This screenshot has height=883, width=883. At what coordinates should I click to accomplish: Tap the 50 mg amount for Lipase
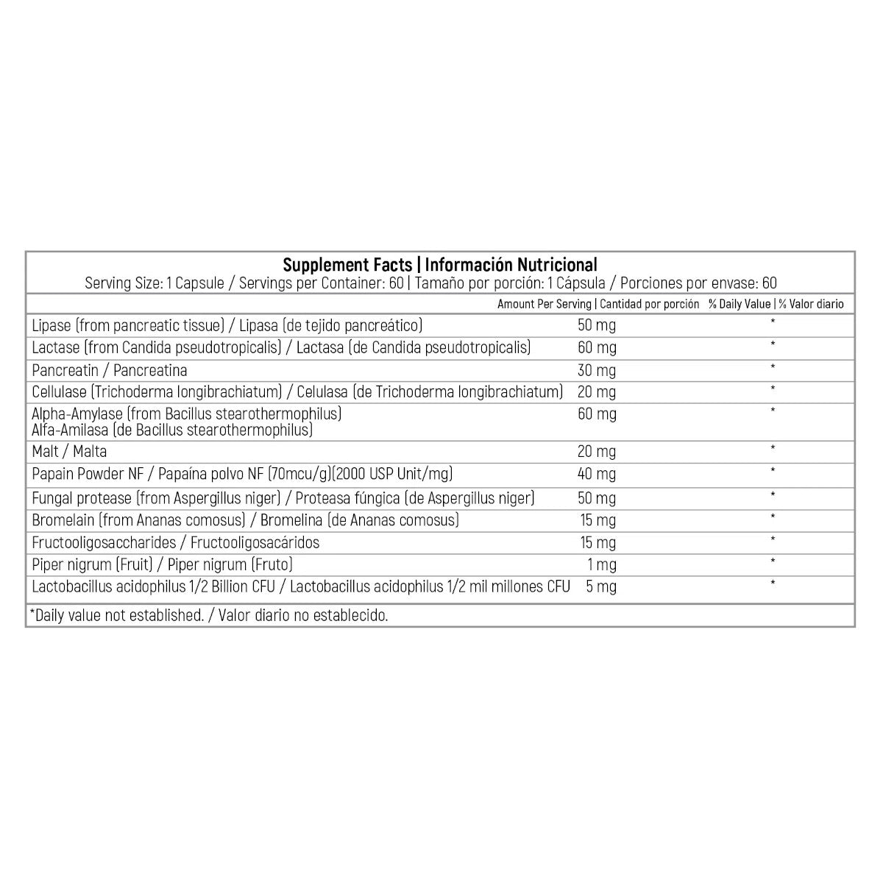pyautogui.click(x=596, y=325)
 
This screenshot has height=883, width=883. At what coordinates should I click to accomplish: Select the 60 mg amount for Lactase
pyautogui.click(x=596, y=347)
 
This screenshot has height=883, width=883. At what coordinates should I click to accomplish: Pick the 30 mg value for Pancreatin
pyautogui.click(x=596, y=370)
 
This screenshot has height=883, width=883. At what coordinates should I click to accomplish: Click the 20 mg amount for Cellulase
pyautogui.click(x=596, y=391)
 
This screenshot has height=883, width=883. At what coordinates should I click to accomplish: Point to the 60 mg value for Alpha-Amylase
pyautogui.click(x=596, y=414)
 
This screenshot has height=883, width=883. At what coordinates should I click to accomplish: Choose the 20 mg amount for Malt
pyautogui.click(x=596, y=451)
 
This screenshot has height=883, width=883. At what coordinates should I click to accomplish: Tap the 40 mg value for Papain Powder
pyautogui.click(x=596, y=474)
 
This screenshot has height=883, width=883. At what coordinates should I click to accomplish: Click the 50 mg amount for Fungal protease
pyautogui.click(x=596, y=498)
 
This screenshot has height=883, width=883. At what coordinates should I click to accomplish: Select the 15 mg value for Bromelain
pyautogui.click(x=597, y=520)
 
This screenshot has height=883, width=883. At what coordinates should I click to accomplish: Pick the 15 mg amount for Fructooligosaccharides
pyautogui.click(x=597, y=543)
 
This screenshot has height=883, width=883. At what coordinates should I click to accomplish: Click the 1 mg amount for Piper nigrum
pyautogui.click(x=602, y=565)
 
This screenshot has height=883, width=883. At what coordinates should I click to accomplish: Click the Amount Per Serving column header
pyautogui.click(x=544, y=304)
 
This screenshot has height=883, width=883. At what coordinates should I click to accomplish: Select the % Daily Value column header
pyautogui.click(x=739, y=304)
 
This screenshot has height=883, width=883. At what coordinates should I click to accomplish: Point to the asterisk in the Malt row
pyautogui.click(x=773, y=448)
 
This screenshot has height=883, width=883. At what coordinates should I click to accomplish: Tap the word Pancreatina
pyautogui.click(x=150, y=370)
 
